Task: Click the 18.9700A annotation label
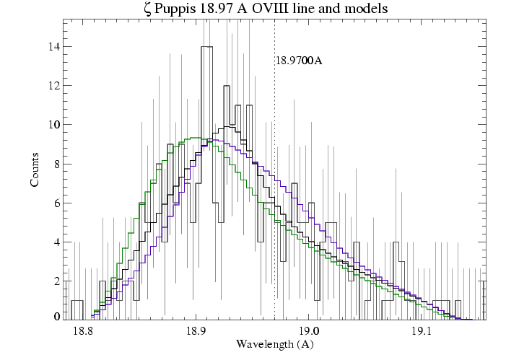[x=298, y=61]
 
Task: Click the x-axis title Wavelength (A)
[x=274, y=344]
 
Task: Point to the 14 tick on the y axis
[x=53, y=47]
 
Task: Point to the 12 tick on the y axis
[x=53, y=86]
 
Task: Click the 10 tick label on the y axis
[x=53, y=125]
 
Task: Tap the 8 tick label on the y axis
[x=56, y=164]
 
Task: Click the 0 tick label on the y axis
[x=56, y=317]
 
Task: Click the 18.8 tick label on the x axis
[x=84, y=331]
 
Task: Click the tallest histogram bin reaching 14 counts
[x=206, y=48]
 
